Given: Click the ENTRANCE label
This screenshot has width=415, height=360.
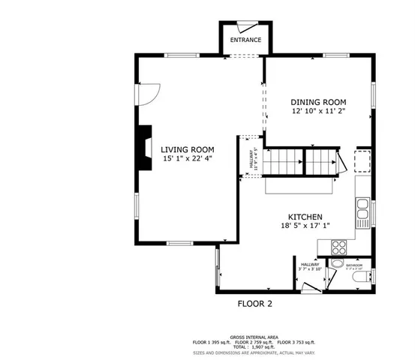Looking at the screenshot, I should click(x=245, y=40).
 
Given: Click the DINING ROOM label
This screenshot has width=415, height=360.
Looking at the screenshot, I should click(x=318, y=102).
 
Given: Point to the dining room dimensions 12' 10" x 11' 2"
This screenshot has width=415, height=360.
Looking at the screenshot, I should click(x=318, y=112).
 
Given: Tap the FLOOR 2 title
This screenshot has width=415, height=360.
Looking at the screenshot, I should click(x=254, y=304).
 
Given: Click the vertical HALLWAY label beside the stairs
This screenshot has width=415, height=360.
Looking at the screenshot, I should click(x=253, y=159).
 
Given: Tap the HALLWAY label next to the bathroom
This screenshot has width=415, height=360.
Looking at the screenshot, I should click(x=310, y=265).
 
